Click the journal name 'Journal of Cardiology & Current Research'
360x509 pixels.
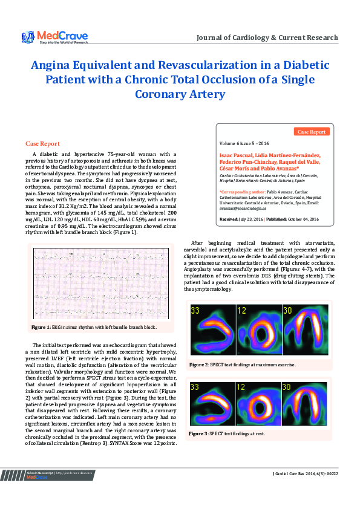(267, 37)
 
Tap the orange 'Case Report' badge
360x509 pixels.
(312, 131)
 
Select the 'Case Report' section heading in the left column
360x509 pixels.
(42, 143)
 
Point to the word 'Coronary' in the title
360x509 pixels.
(161, 94)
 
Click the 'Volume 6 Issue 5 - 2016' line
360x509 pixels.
(244, 143)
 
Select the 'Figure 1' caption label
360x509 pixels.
(41, 327)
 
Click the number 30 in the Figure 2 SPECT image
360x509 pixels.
(287, 311)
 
